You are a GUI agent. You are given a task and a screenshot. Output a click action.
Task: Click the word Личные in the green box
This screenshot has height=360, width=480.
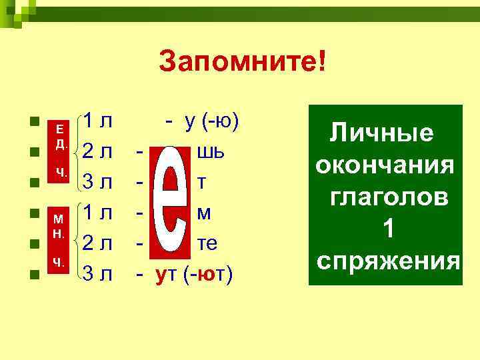click(x=382, y=133)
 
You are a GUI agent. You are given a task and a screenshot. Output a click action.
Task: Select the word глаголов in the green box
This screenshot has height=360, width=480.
click(x=386, y=197)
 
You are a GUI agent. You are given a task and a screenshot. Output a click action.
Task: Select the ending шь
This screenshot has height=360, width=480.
click(x=205, y=153)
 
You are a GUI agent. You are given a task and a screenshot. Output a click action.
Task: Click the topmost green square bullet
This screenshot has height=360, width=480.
click(x=32, y=123)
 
